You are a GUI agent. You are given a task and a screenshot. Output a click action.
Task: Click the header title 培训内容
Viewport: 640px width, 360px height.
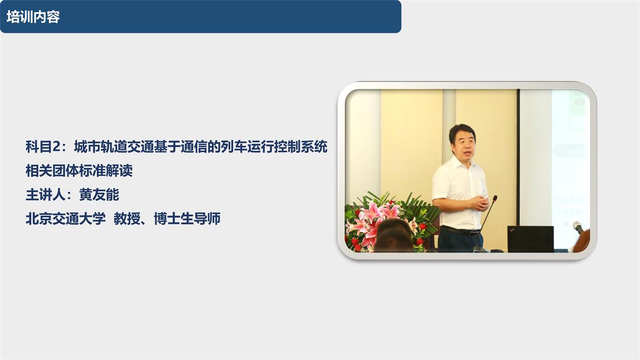click(x=33, y=17)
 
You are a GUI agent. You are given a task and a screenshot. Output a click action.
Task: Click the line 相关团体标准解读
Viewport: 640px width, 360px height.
click(x=79, y=171)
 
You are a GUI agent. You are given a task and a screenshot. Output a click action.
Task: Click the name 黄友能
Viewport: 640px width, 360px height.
click(x=99, y=195)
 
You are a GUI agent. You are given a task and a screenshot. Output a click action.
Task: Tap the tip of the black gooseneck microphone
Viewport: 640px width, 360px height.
click(x=495, y=197)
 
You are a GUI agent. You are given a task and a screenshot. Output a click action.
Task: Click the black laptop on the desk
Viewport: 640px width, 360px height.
click(x=530, y=239)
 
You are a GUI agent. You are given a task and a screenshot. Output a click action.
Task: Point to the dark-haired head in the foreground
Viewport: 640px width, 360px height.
click(x=394, y=238)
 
